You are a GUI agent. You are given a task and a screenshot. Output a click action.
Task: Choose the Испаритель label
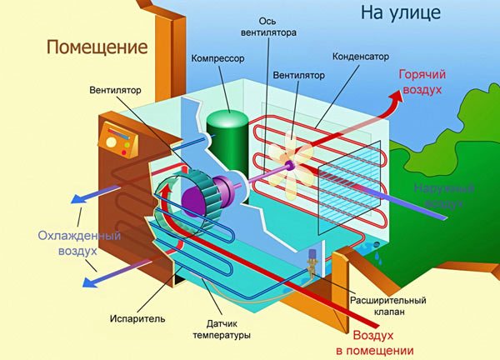coord(130,319)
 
